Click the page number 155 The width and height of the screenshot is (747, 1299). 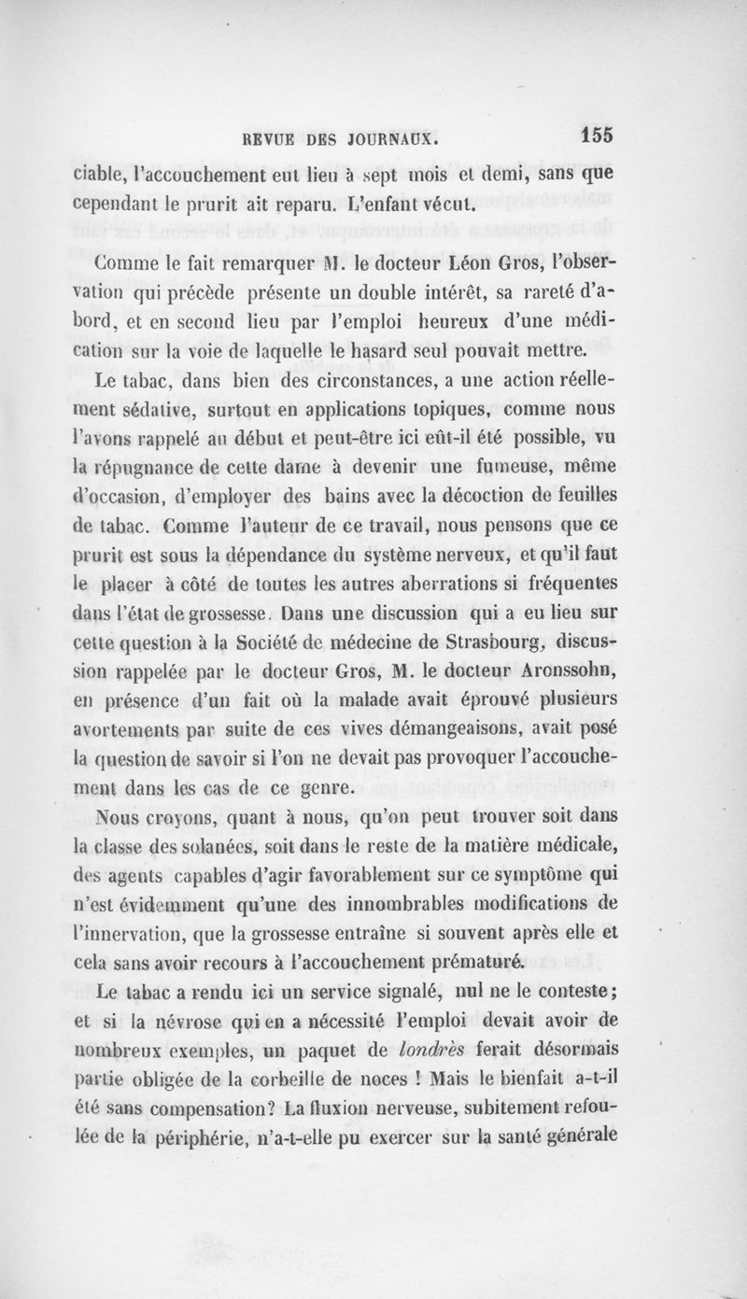pyautogui.click(x=594, y=134)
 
